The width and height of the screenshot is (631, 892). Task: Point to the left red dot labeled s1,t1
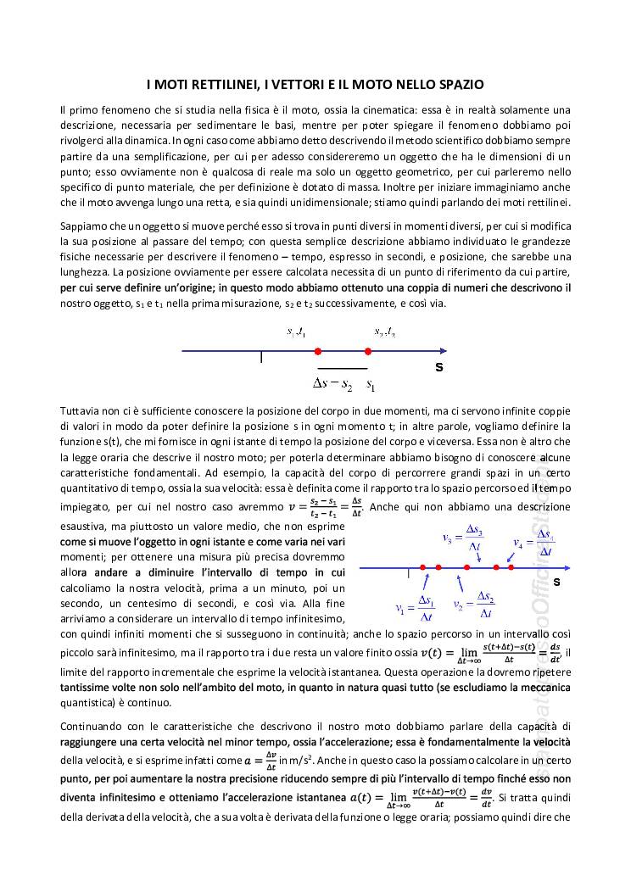click(317, 351)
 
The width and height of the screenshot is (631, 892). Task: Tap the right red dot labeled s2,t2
click(368, 351)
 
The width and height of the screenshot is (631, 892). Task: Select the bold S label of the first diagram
click(439, 368)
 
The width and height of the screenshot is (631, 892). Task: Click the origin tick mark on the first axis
click(261, 356)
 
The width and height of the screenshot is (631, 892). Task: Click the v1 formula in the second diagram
click(416, 607)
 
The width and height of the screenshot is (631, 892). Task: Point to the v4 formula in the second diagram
click(534, 544)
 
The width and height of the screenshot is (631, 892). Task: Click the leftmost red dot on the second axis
click(422, 567)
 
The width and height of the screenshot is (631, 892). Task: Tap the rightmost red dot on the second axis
click(511, 567)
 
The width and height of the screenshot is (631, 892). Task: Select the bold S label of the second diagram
click(557, 583)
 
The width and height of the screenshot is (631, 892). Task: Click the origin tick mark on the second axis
click(409, 572)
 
